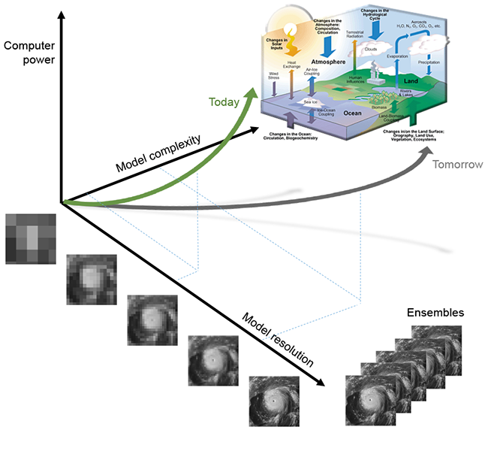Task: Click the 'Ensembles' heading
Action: (435, 313)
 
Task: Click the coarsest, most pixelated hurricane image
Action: (29, 239)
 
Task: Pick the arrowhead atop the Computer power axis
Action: (61, 11)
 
